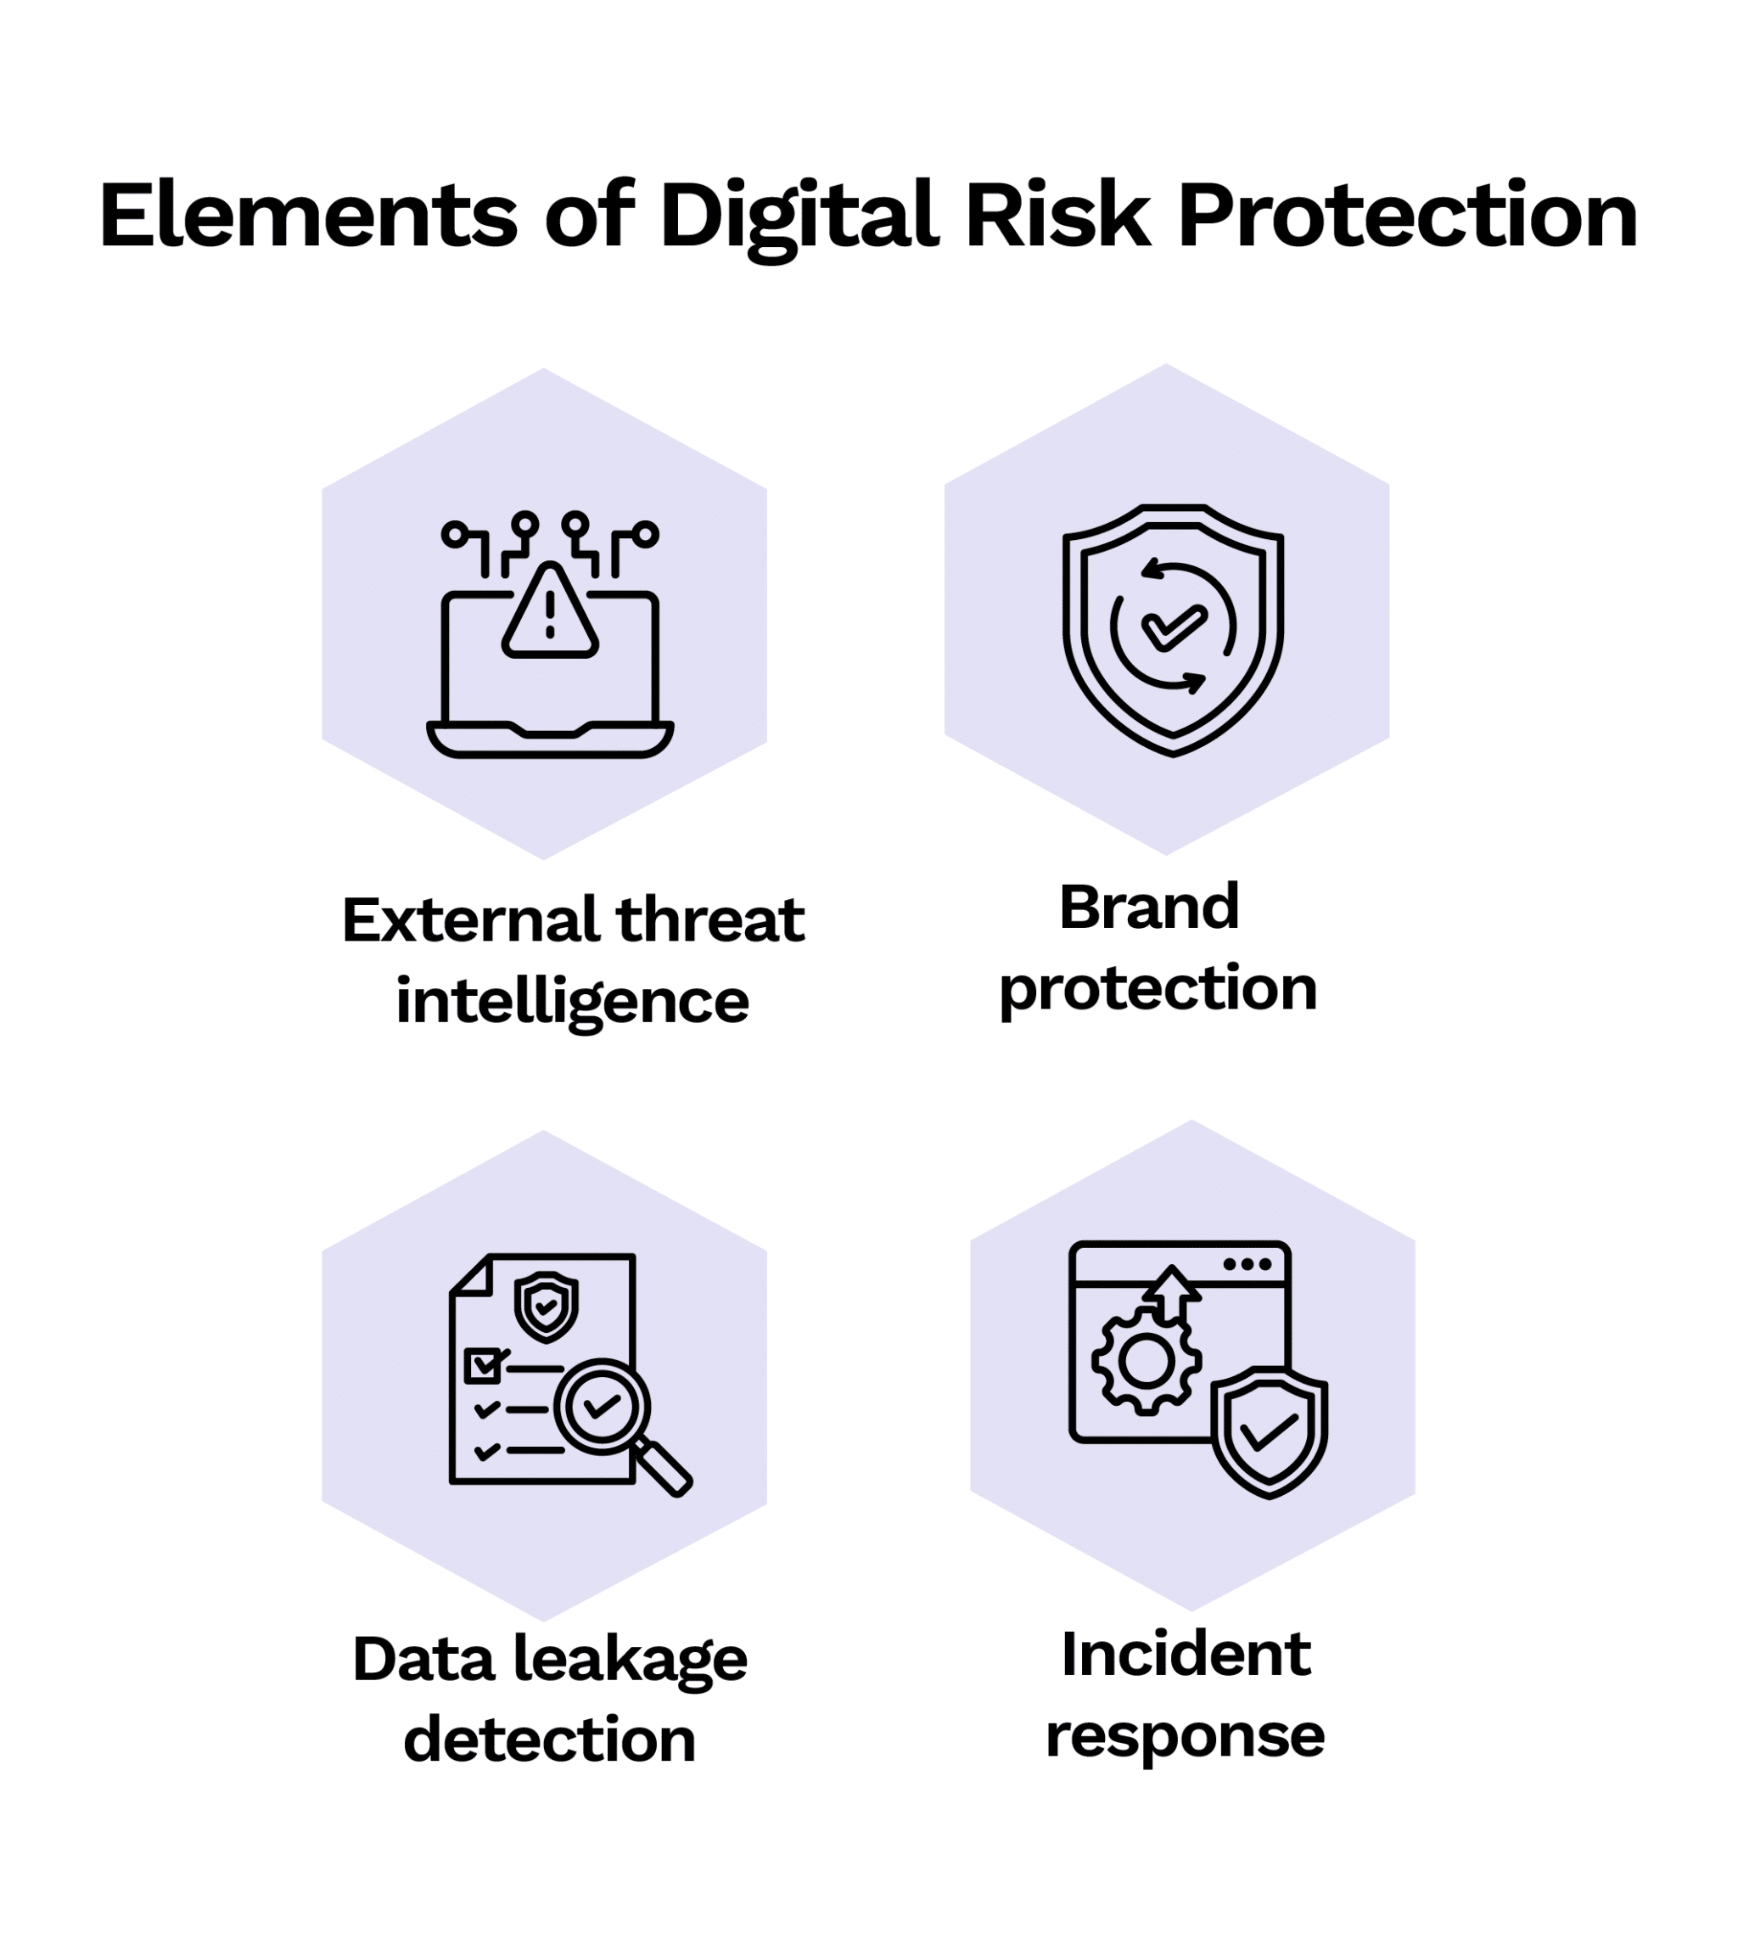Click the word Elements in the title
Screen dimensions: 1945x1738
(x=307, y=216)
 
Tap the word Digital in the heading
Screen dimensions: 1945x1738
(x=799, y=216)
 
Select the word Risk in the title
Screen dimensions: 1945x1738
(x=1057, y=216)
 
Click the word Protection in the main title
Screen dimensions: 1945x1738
(x=1408, y=216)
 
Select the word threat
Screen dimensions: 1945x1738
(x=710, y=921)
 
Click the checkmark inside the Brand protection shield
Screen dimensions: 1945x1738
(x=1174, y=627)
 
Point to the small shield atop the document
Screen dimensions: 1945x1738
(x=546, y=1305)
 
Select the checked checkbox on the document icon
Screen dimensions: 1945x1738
(x=483, y=1366)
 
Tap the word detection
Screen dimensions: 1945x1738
(x=549, y=1740)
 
